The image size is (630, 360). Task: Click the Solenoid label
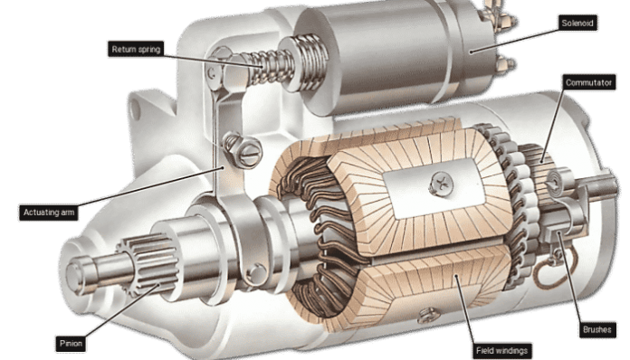point(577,23)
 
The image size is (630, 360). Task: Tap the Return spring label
point(136,49)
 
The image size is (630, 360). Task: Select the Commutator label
point(588,82)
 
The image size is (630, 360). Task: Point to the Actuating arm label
point(49,213)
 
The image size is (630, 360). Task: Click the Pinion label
point(71,344)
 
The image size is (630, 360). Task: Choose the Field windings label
point(501,351)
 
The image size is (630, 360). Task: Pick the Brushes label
point(597,330)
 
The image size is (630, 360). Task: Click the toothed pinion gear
point(149,264)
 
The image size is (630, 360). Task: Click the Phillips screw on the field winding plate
point(441,185)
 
